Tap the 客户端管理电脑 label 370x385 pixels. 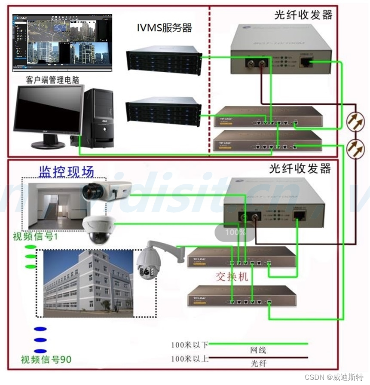(x=52, y=80)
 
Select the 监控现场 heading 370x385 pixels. (x=66, y=171)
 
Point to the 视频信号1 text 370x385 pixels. (x=36, y=236)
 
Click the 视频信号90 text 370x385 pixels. (x=46, y=359)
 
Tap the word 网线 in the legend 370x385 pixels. (x=258, y=350)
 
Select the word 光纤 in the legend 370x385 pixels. (x=258, y=364)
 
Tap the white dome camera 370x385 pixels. (x=99, y=228)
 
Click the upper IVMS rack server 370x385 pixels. (x=164, y=60)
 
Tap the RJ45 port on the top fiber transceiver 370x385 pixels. (x=306, y=62)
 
